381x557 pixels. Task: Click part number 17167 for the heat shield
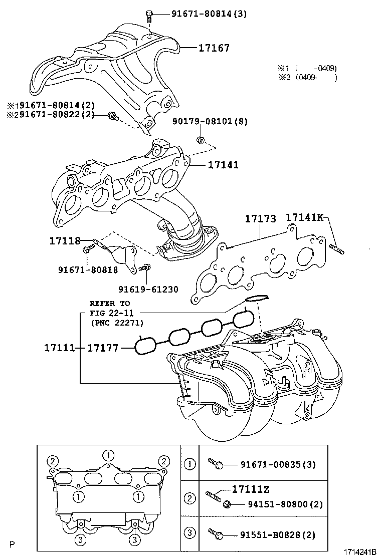[x=214, y=48]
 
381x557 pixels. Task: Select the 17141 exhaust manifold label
[x=223, y=165]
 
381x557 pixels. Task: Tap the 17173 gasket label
[x=260, y=218]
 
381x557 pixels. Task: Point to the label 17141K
[x=305, y=217]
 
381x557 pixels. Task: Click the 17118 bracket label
[x=65, y=241]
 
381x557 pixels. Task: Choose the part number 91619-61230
[x=148, y=290]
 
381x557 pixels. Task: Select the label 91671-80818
[x=88, y=270]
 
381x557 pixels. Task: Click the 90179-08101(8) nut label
[x=210, y=121]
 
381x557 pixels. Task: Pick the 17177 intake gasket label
[x=103, y=348]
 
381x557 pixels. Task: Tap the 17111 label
[x=60, y=348]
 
